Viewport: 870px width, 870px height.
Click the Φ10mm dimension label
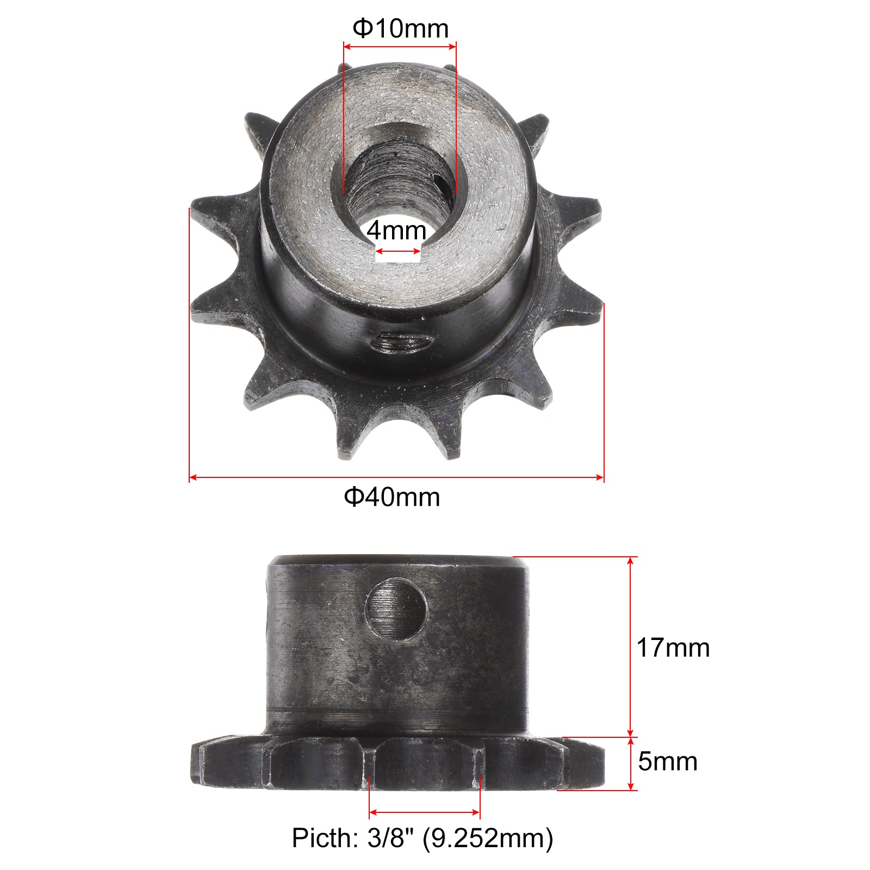tap(401, 28)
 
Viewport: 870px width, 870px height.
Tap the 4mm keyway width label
tap(396, 231)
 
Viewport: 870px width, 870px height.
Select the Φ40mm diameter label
tap(392, 497)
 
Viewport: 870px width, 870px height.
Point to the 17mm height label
tap(673, 648)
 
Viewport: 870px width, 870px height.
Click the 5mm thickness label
tap(668, 761)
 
